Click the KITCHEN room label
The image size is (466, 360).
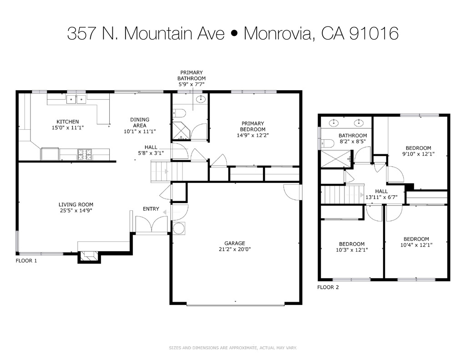click(67, 122)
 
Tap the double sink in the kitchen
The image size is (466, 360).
click(76, 99)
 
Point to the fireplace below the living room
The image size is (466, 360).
click(88, 257)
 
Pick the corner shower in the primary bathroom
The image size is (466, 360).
click(181, 131)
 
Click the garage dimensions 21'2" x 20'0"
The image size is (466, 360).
click(234, 249)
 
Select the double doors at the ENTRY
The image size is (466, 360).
click(152, 224)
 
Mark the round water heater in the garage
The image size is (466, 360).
click(179, 228)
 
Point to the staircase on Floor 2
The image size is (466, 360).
click(344, 194)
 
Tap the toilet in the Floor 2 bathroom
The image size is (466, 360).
click(328, 143)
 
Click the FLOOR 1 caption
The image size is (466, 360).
click(26, 261)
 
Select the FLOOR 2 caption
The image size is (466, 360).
click(328, 287)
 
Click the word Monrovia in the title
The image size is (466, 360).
click(279, 34)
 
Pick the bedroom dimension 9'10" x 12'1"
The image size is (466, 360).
click(418, 154)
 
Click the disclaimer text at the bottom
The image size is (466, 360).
click(233, 348)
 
